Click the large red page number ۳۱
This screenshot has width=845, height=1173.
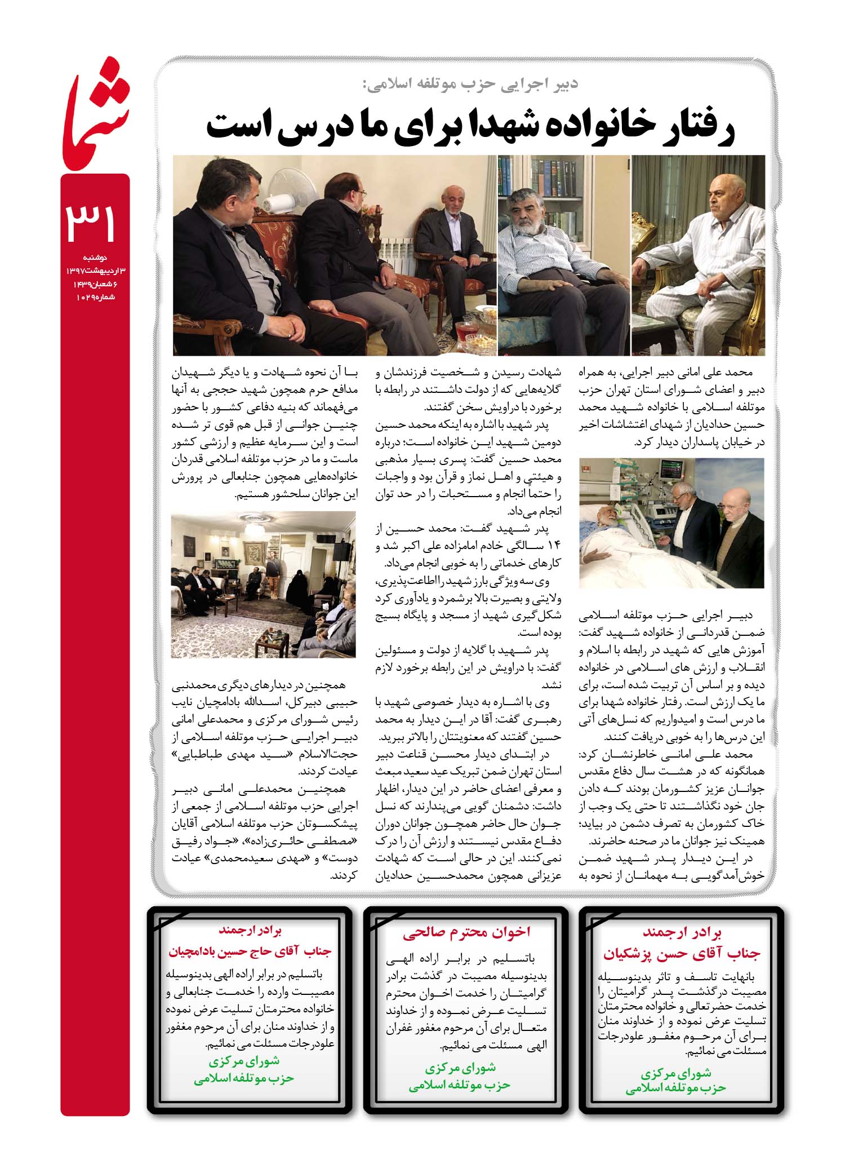pyautogui.click(x=92, y=224)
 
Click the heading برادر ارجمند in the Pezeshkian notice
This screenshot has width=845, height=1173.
pyautogui.click(x=682, y=932)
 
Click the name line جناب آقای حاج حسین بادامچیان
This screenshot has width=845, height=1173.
pyautogui.click(x=250, y=952)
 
